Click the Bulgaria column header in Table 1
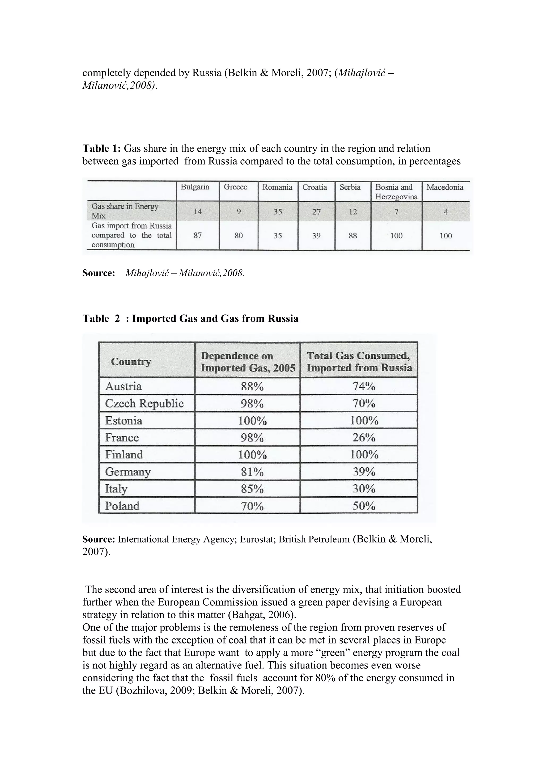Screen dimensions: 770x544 (195, 187)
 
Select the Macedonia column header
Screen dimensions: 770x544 (445, 187)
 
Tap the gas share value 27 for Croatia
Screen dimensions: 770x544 (316, 211)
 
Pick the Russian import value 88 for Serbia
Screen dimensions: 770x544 (352, 235)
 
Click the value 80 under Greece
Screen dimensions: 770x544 (238, 235)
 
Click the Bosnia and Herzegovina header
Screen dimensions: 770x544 (396, 192)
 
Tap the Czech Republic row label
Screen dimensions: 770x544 (144, 403)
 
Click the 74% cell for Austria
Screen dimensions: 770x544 (364, 386)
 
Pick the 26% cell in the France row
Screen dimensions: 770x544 (364, 437)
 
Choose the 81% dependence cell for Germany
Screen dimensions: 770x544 (252, 472)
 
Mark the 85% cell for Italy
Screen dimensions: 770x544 (252, 489)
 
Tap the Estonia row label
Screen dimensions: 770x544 (124, 420)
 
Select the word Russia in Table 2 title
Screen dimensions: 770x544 (283, 318)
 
